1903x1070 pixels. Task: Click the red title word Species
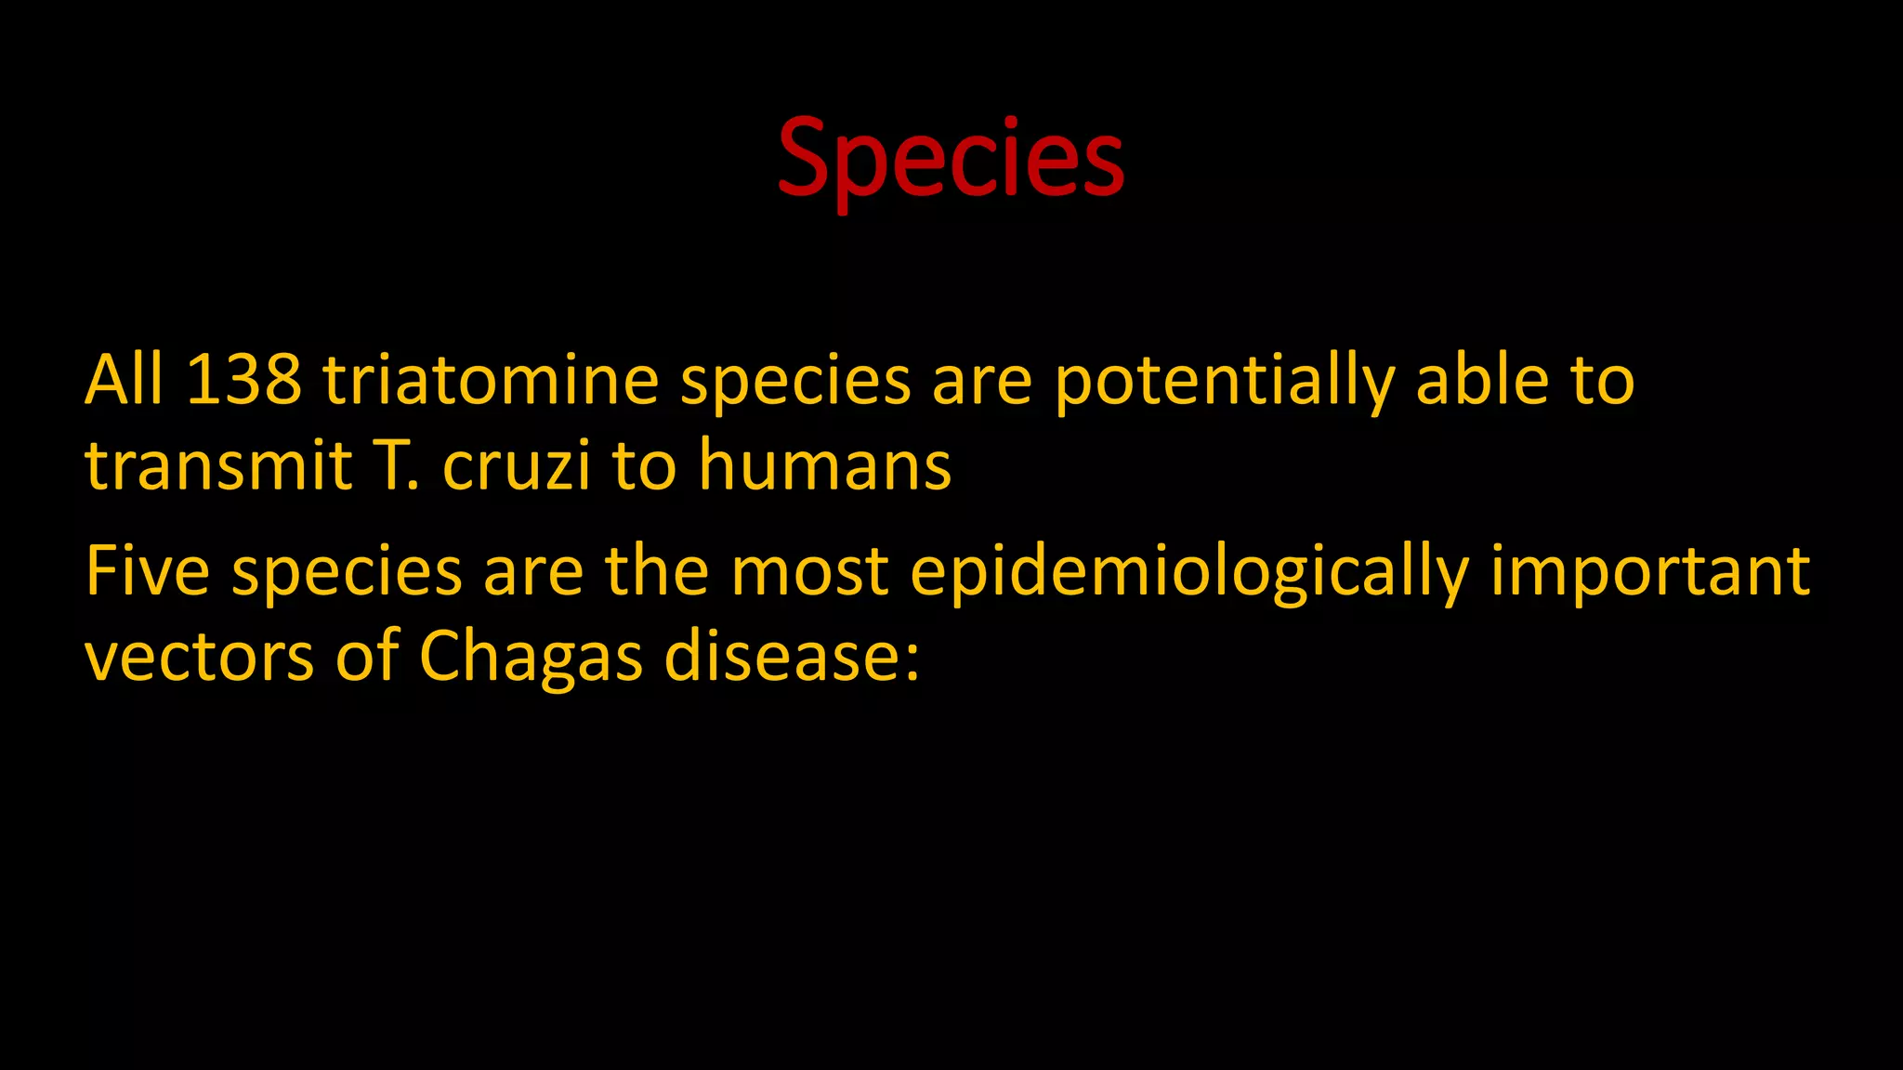click(951, 160)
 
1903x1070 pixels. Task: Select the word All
click(124, 380)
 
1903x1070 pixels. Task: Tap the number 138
click(243, 380)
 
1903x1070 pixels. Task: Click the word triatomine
click(491, 380)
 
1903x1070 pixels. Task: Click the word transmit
click(218, 465)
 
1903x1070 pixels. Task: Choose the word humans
click(824, 465)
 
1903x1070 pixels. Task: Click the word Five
click(147, 570)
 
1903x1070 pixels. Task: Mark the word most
click(809, 570)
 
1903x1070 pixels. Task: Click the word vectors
click(199, 657)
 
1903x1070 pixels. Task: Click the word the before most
click(657, 570)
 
